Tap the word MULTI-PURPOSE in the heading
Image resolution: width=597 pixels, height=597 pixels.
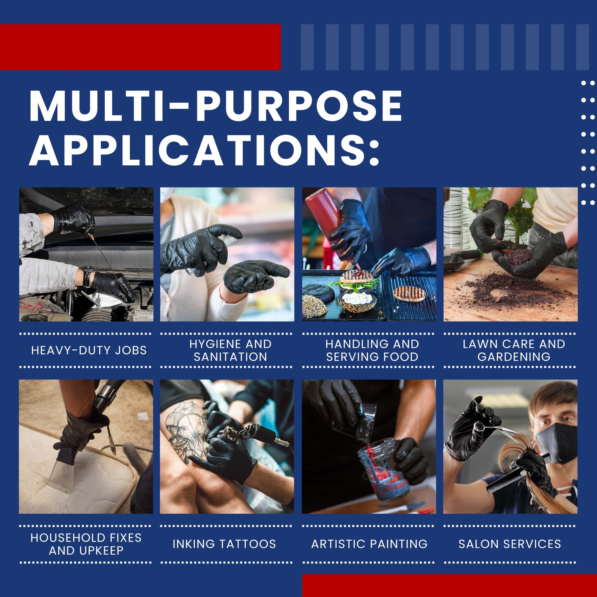[216, 106]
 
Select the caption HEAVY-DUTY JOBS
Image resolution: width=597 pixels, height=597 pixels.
[89, 350]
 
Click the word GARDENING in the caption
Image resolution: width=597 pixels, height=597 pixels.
[514, 357]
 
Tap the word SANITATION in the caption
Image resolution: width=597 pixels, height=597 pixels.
[230, 357]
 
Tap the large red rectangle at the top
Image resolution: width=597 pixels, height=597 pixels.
[140, 47]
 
